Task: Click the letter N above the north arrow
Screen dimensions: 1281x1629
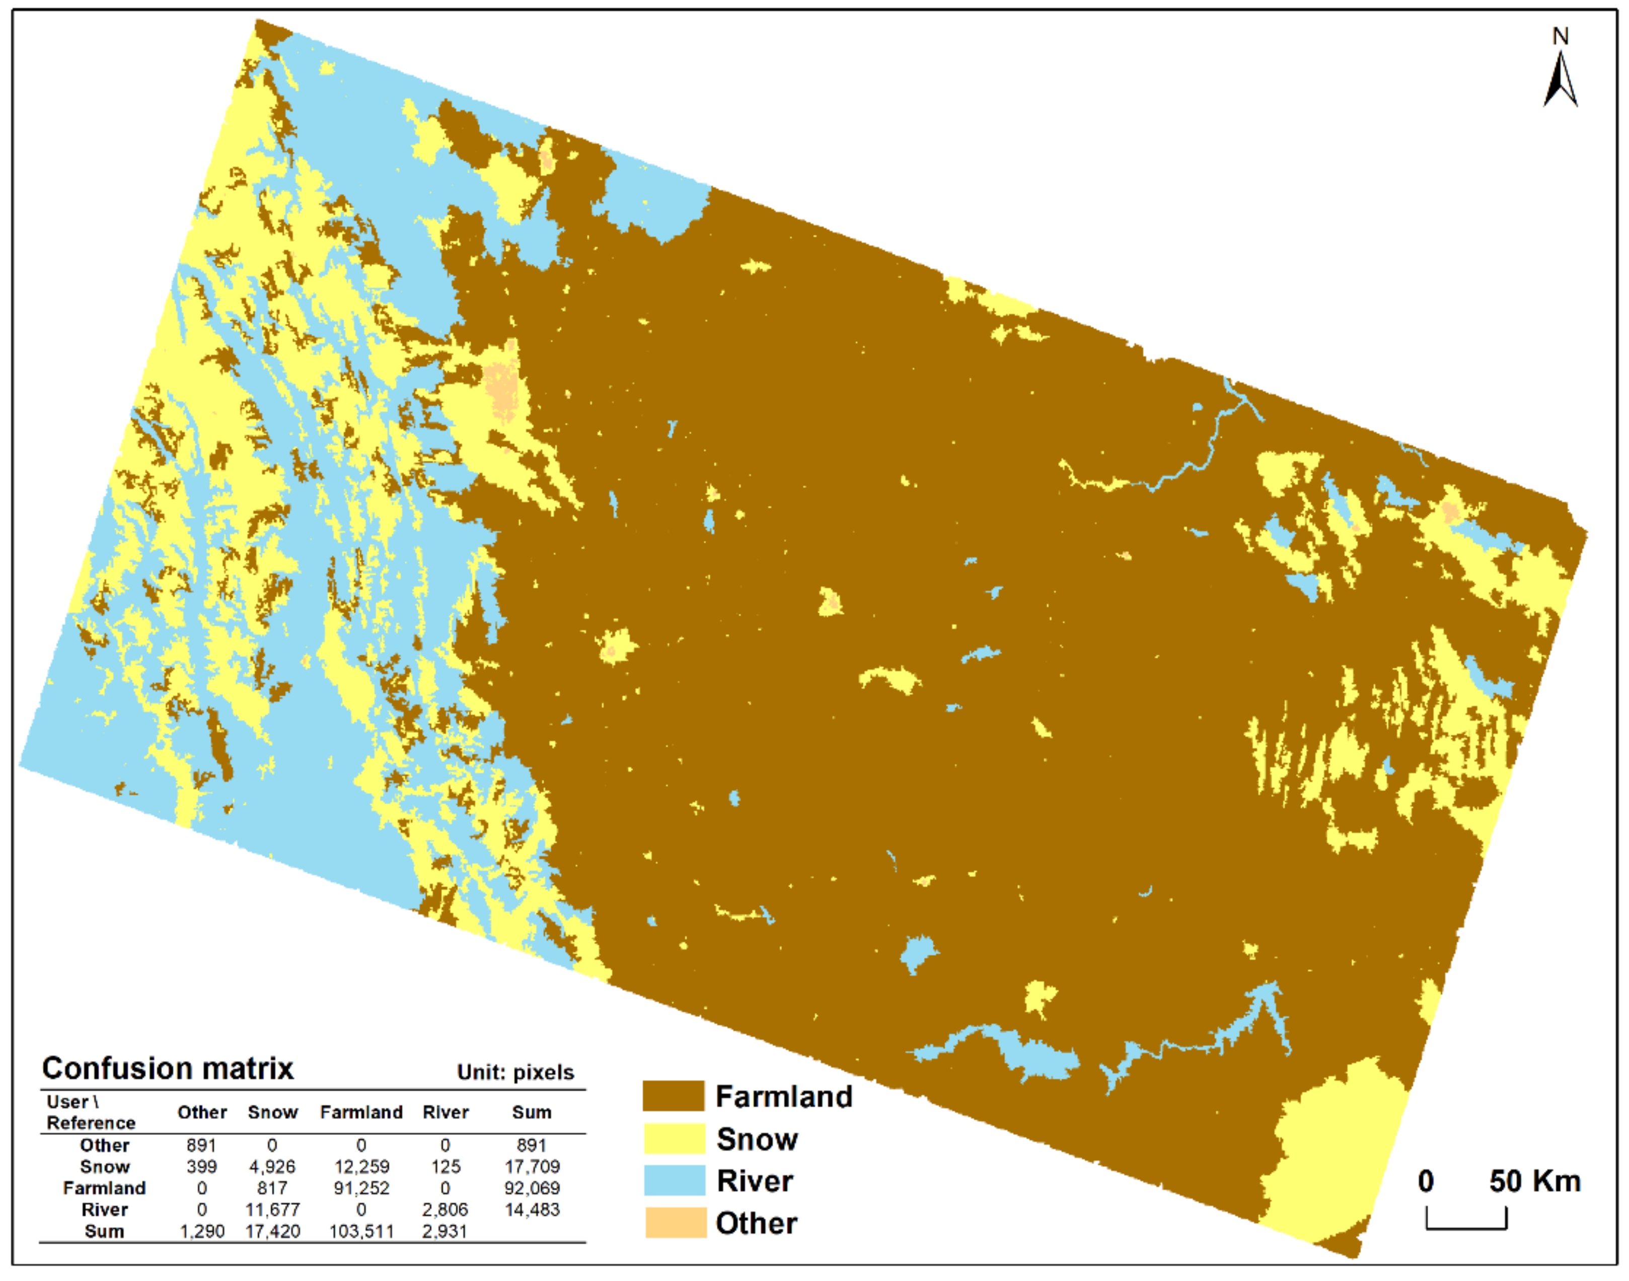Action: (1560, 35)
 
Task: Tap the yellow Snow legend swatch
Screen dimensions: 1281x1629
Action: (674, 1138)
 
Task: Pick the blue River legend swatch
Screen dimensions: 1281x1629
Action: (674, 1180)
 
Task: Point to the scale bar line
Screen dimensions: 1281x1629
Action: (1465, 1227)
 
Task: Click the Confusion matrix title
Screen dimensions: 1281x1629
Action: (168, 1068)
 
